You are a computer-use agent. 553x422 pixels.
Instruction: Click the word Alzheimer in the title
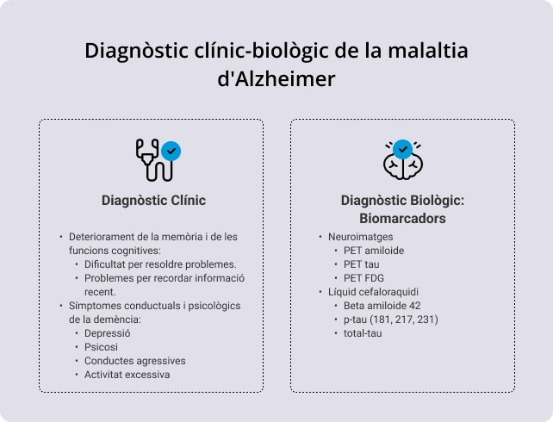[x=282, y=78]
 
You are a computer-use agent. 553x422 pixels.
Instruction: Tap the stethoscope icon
[x=153, y=159]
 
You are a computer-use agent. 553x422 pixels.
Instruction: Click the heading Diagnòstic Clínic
[x=153, y=201]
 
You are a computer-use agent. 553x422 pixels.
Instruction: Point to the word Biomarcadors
[x=402, y=219]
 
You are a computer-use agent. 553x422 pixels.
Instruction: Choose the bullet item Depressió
[x=107, y=333]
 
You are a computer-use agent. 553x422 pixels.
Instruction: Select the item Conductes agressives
[x=134, y=361]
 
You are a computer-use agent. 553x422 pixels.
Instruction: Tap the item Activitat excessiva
[x=127, y=375]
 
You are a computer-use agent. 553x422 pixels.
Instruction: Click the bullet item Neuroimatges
[x=360, y=237]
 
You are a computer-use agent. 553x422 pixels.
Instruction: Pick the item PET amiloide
[x=373, y=251]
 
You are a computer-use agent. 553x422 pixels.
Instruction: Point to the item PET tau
[x=362, y=264]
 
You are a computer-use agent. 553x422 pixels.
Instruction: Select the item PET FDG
[x=363, y=278]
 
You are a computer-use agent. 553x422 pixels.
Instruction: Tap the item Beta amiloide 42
[x=382, y=306]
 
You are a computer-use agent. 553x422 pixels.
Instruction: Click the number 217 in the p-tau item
[x=407, y=320]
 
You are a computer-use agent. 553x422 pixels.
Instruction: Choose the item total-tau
[x=362, y=333]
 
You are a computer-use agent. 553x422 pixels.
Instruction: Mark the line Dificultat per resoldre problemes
[x=160, y=264]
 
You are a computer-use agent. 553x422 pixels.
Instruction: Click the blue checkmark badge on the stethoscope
[x=171, y=151]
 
